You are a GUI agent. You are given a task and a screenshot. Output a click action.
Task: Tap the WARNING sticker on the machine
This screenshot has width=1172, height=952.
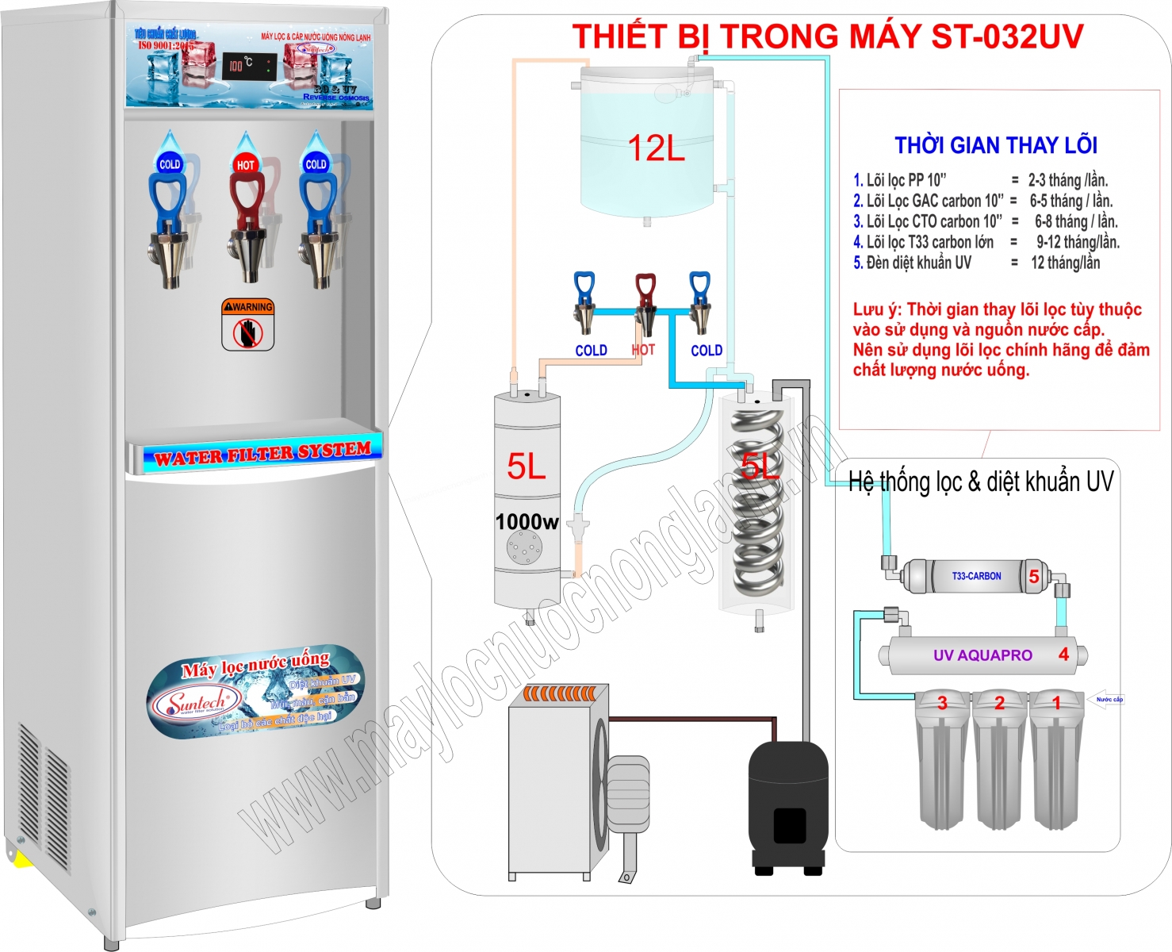pyautogui.click(x=248, y=324)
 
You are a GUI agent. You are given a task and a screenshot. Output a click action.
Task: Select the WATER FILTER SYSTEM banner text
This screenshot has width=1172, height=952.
pyautogui.click(x=262, y=454)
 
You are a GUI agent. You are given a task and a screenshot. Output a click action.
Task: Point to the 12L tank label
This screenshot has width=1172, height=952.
pyautogui.click(x=656, y=148)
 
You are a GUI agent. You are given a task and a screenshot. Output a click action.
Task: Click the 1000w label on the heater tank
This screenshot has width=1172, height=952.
pyautogui.click(x=527, y=522)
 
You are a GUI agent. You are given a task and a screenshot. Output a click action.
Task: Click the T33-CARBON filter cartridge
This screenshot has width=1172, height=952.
pyautogui.click(x=976, y=577)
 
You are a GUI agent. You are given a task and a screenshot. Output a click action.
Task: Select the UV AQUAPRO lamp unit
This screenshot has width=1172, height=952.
pyautogui.click(x=983, y=655)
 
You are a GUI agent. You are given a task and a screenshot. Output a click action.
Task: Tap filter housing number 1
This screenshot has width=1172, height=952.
pyautogui.click(x=1056, y=762)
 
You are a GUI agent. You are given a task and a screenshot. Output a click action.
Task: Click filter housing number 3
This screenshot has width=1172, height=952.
pyautogui.click(x=942, y=762)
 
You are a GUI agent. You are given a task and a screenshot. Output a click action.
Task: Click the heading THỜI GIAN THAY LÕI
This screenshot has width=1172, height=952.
pyautogui.click(x=996, y=145)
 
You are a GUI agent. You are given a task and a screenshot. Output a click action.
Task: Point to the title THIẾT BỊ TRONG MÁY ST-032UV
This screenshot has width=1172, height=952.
pyautogui.click(x=827, y=36)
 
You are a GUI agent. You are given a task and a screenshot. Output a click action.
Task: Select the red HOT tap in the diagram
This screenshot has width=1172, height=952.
pyautogui.click(x=645, y=304)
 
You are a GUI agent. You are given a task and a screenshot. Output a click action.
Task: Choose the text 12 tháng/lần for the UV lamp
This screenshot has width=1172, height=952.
pyautogui.click(x=1065, y=263)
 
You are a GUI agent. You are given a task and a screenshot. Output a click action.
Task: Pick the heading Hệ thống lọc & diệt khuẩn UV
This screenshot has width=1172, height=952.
pyautogui.click(x=981, y=482)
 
